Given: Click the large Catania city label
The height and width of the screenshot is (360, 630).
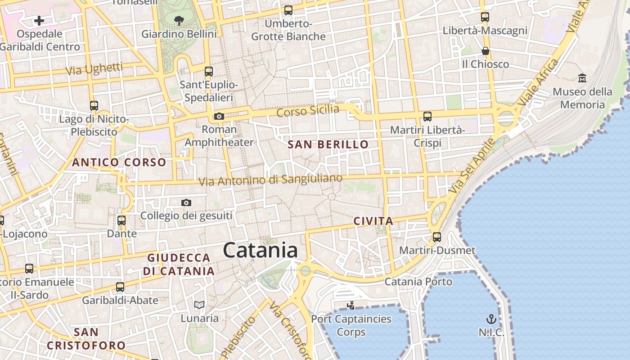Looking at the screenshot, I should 260,250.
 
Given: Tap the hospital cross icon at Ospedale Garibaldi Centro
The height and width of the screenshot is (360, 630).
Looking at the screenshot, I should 39,20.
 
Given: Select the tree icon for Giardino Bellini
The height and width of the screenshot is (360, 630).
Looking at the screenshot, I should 179,20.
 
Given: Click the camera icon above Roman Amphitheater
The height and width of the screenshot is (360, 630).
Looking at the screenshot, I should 219,117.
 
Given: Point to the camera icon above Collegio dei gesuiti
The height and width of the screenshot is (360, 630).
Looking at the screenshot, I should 186,203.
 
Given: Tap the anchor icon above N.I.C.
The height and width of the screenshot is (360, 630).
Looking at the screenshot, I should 491,319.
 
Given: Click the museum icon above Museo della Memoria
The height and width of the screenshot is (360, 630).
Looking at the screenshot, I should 582,78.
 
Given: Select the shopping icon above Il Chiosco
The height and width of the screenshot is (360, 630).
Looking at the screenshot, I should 485,50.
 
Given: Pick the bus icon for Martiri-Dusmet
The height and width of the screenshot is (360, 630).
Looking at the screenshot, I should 436,237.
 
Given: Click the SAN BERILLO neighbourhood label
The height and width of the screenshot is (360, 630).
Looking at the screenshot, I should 328,144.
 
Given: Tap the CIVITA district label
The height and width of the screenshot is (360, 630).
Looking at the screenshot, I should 373,221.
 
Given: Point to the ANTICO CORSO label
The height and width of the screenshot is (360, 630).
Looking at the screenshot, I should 119,162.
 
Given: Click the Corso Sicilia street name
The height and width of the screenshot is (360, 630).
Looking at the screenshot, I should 308,110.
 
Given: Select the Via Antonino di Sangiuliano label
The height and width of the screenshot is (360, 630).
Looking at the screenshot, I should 270,180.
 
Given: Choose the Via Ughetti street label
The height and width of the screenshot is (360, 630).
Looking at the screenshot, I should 94,69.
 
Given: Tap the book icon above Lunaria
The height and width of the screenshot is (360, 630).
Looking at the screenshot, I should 199,305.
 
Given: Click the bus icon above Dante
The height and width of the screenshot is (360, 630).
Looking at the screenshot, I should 121,220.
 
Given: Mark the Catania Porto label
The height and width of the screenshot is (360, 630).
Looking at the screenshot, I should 418,282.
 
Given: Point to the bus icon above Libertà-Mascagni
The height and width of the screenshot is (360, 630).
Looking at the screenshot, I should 485,17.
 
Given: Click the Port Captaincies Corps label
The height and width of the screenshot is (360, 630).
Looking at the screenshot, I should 351,326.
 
